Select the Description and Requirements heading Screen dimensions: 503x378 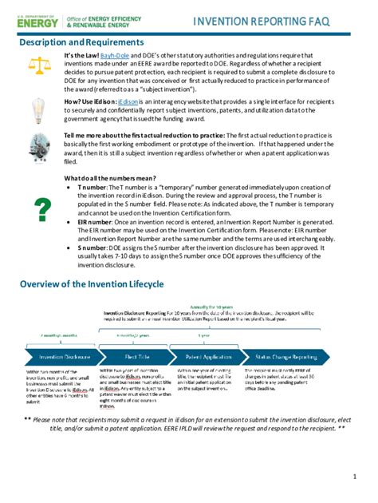pyautogui.click(x=81, y=42)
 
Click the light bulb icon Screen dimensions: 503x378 pyautogui.click(x=37, y=109)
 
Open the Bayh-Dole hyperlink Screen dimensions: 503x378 pyautogui.click(x=114, y=55)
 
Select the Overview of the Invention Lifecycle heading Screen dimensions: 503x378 pyautogui.click(x=91, y=284)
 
